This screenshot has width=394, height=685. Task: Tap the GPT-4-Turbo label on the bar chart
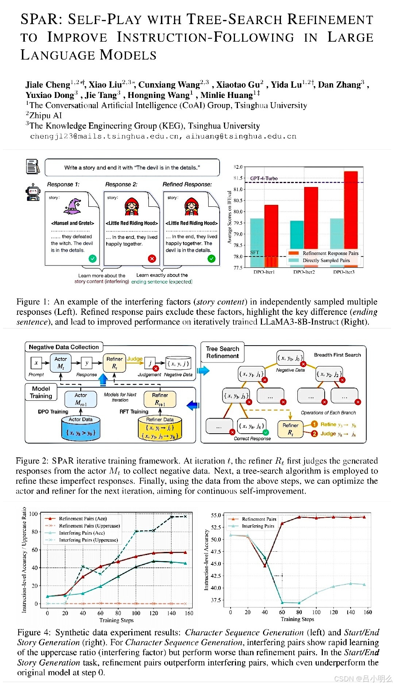tap(264, 178)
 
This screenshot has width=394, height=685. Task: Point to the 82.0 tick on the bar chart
tap(238, 167)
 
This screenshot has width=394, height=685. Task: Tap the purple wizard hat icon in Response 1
tap(72, 207)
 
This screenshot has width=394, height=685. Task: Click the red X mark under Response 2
tap(152, 259)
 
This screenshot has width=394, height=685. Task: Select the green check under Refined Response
tap(212, 259)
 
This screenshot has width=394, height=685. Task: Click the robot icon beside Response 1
tap(33, 192)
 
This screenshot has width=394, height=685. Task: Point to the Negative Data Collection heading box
tap(64, 347)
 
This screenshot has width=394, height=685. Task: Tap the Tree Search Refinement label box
tap(223, 352)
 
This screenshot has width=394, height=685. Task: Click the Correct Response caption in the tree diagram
tap(252, 438)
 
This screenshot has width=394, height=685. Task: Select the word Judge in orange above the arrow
tap(135, 359)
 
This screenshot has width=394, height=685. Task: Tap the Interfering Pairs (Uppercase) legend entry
tap(88, 540)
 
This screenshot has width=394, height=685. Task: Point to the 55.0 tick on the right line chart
tap(216, 515)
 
